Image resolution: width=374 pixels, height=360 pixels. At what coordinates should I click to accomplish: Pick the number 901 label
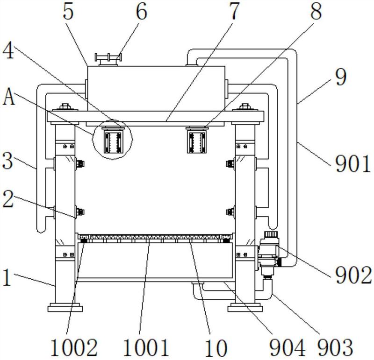(353, 164)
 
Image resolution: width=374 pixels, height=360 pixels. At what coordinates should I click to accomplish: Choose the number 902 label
(353, 275)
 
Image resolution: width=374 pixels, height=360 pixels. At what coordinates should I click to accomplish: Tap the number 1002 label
(74, 347)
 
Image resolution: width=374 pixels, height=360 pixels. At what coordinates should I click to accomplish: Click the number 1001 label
(146, 347)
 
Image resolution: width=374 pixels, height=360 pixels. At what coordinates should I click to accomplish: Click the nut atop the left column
(65, 106)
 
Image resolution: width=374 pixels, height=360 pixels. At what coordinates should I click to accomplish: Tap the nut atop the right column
(245, 106)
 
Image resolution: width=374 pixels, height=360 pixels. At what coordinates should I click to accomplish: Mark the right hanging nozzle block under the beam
(197, 140)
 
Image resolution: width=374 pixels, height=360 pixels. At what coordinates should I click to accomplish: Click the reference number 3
(7, 161)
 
